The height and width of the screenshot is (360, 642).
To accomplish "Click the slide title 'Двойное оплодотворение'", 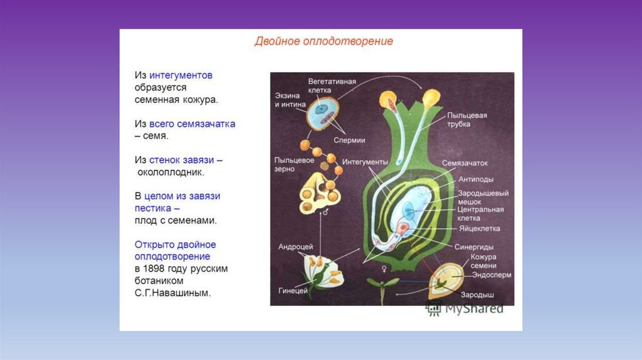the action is pyautogui.click(x=324, y=41).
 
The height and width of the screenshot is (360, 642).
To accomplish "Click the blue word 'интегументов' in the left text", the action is pyautogui.click(x=181, y=75).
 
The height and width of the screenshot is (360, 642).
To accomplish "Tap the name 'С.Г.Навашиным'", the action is pyautogui.click(x=172, y=293).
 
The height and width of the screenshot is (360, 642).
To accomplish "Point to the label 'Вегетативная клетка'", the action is pyautogui.click(x=332, y=85).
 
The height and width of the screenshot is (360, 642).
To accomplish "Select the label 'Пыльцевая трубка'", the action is pyautogui.click(x=467, y=120).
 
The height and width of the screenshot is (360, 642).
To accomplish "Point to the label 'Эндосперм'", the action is pyautogui.click(x=493, y=275).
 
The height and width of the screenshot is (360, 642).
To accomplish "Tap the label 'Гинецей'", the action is pyautogui.click(x=293, y=290).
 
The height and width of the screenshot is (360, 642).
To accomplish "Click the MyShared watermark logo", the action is pyautogui.click(x=465, y=308).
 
